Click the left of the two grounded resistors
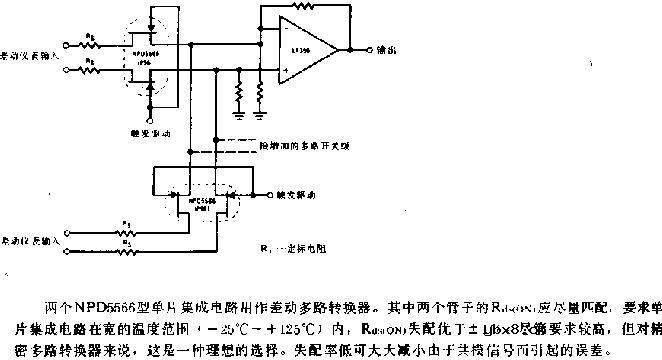[238, 94]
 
